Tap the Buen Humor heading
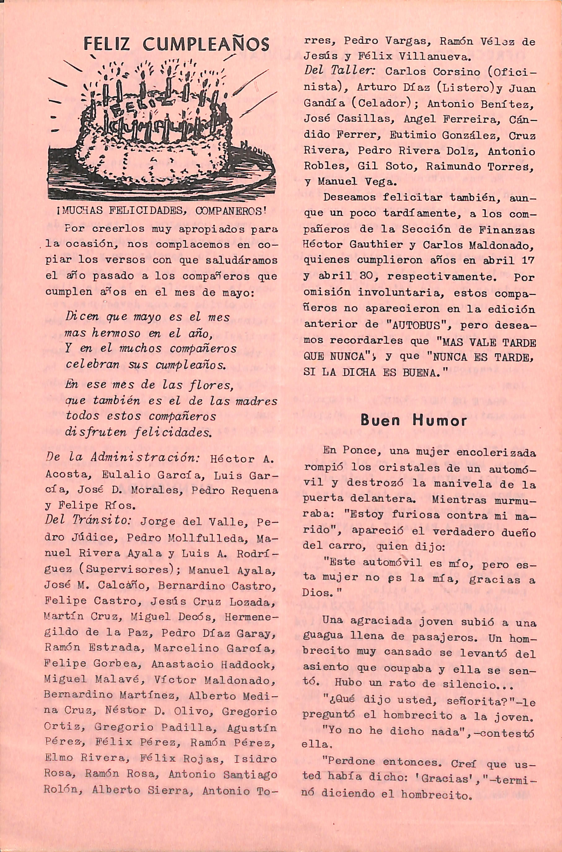[414, 420]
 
